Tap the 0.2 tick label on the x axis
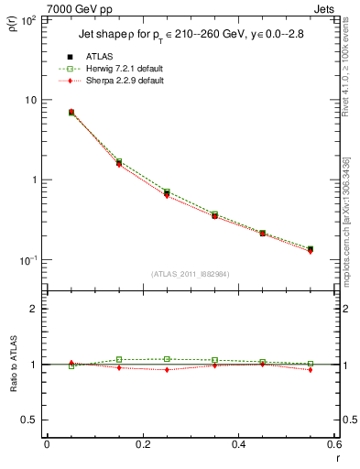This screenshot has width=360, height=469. point(143,444)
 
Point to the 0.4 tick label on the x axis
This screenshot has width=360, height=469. point(238,444)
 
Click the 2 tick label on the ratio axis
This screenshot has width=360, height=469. point(32,309)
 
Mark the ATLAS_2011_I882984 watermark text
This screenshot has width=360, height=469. point(190,273)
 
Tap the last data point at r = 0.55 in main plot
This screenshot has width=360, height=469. point(311,249)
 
